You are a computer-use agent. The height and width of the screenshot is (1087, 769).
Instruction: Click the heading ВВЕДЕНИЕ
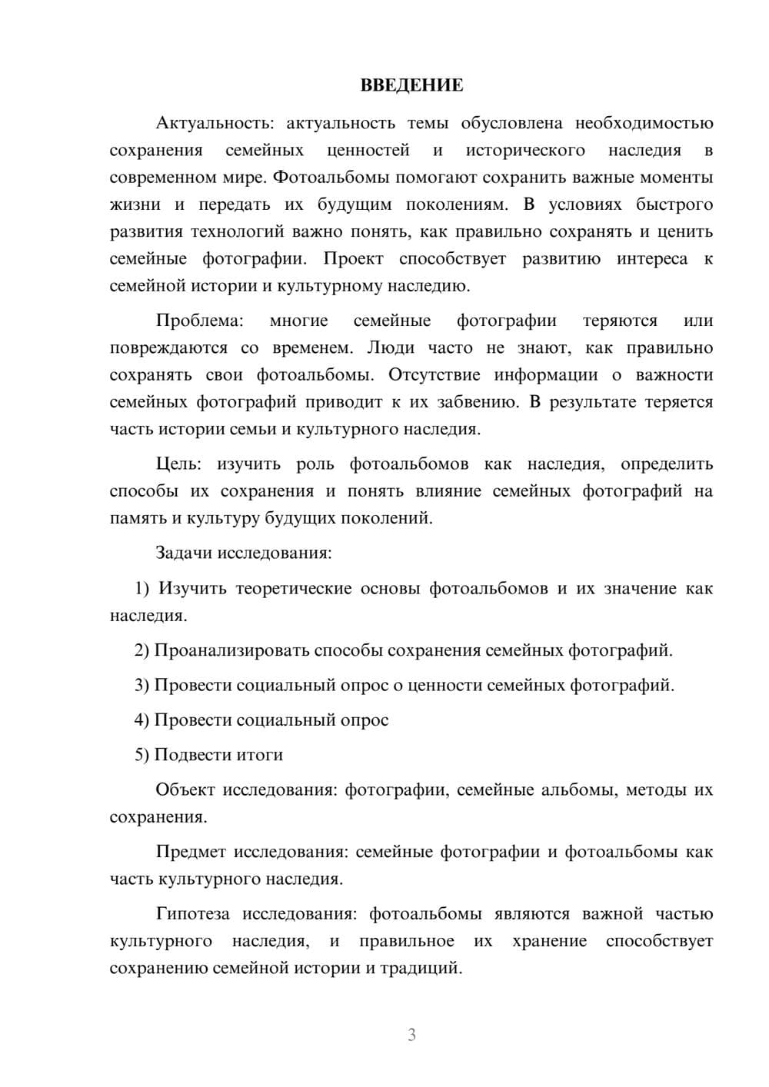pyautogui.click(x=411, y=85)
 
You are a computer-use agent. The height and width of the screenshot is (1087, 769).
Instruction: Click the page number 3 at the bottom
pyautogui.click(x=411, y=1035)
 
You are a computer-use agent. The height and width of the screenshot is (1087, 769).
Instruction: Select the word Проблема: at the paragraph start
pyautogui.click(x=199, y=321)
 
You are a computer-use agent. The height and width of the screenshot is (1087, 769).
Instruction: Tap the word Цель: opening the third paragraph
pyautogui.click(x=178, y=464)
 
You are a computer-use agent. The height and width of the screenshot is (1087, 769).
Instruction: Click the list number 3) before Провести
pyautogui.click(x=141, y=685)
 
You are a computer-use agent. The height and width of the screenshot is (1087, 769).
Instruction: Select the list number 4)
pyautogui.click(x=141, y=720)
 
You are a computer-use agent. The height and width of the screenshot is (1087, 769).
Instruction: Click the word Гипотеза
pyautogui.click(x=192, y=914)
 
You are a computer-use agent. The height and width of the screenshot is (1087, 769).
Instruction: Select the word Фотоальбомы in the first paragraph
pyautogui.click(x=331, y=178)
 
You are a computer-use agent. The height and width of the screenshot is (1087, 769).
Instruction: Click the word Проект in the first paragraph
pyautogui.click(x=353, y=259)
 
